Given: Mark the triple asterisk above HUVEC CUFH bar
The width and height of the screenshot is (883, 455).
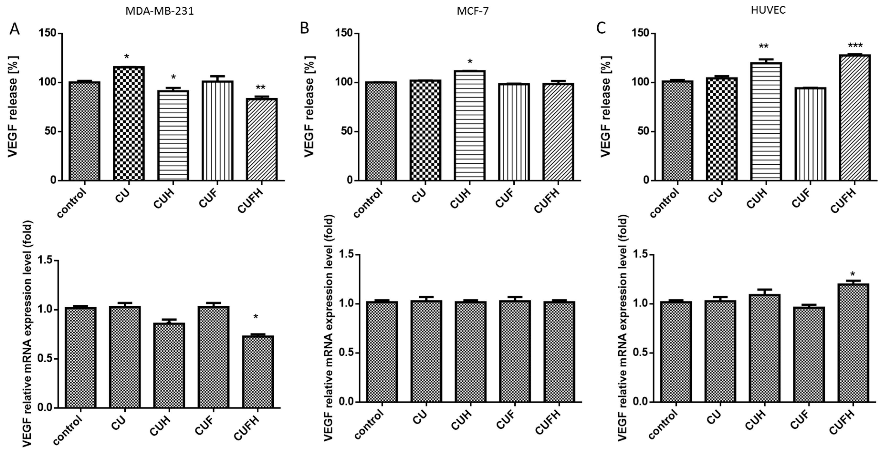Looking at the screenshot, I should coord(855,45).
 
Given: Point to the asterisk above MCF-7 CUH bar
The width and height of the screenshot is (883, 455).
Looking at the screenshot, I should coord(470,62).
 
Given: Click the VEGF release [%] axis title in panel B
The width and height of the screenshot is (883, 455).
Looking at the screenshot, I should coord(309,106).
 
